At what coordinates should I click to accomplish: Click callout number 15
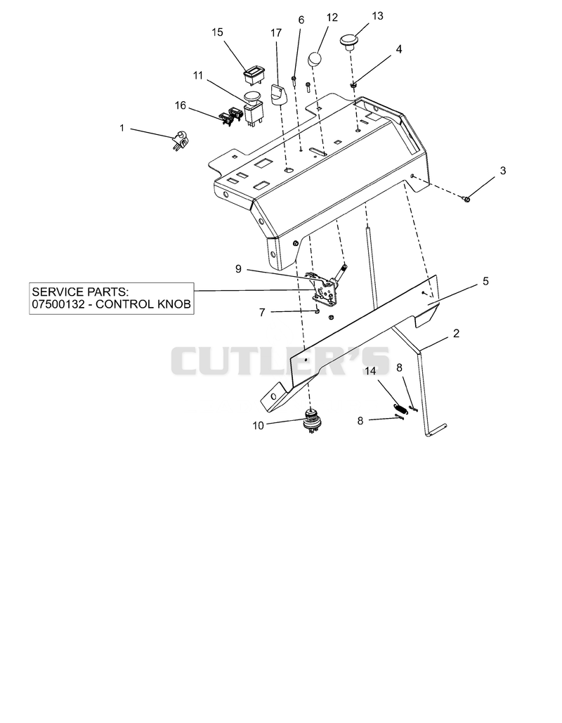click(x=217, y=32)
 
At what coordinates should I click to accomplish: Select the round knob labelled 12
click(x=315, y=59)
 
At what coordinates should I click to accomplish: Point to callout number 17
click(x=275, y=33)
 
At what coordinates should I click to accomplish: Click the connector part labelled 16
click(x=230, y=116)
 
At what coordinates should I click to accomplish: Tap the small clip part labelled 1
click(x=180, y=140)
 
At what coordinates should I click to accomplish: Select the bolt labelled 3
click(x=466, y=199)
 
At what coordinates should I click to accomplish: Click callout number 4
click(x=399, y=49)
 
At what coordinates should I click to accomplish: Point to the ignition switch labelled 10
click(x=311, y=419)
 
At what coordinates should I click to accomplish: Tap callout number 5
click(x=485, y=281)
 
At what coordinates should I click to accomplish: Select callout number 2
click(x=456, y=333)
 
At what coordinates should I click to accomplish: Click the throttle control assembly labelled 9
click(x=327, y=288)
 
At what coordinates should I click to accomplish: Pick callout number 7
click(x=262, y=312)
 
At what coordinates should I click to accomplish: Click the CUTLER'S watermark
click(x=280, y=361)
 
